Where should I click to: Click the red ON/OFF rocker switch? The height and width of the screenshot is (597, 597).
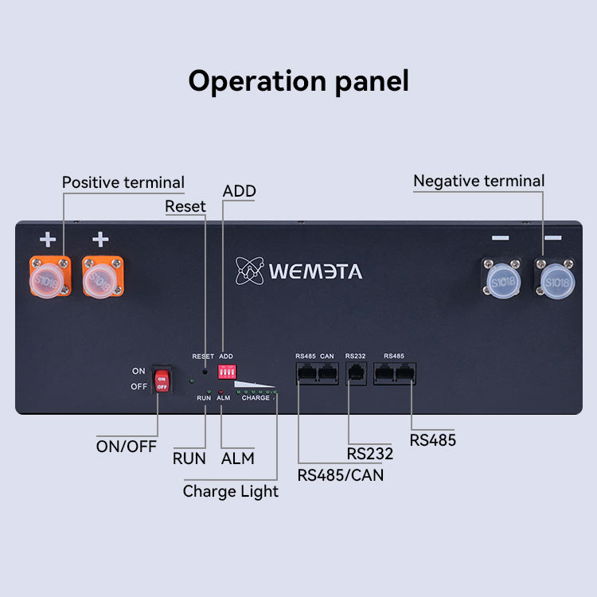click(162, 380)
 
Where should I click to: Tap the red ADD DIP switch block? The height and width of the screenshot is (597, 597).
click(228, 373)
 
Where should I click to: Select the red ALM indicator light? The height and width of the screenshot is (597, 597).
click(220, 392)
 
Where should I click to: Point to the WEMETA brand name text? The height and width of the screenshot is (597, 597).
click(315, 271)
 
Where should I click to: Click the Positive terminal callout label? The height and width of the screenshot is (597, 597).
click(123, 182)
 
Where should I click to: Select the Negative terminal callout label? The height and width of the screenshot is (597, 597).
click(479, 181)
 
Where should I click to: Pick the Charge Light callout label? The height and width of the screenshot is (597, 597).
click(231, 491)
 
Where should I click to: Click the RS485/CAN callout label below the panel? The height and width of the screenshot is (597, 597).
click(340, 475)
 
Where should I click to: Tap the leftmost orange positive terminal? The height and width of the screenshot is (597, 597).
click(50, 275)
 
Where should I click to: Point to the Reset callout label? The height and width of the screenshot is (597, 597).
click(185, 206)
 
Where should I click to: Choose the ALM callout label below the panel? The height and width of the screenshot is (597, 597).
click(237, 458)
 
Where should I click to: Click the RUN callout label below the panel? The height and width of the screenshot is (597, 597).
click(189, 458)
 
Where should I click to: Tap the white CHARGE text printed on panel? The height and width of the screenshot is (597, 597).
click(256, 398)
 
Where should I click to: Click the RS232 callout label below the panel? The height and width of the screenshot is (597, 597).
click(369, 454)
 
